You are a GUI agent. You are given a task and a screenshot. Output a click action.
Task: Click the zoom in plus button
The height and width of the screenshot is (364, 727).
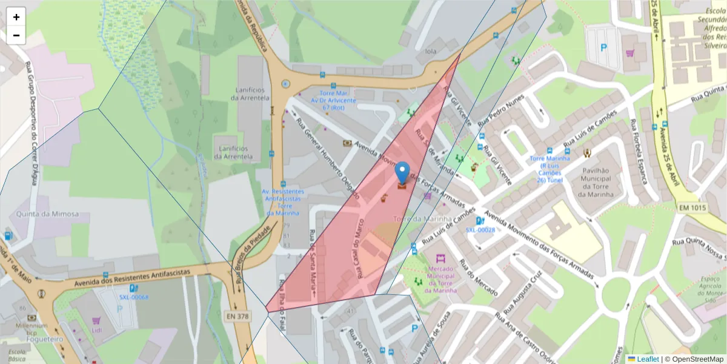[x=16, y=17]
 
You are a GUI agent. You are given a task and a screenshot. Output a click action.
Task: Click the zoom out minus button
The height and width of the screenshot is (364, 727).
[x=16, y=35]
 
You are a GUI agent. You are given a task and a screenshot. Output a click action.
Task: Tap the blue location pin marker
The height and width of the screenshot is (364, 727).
[x=403, y=174]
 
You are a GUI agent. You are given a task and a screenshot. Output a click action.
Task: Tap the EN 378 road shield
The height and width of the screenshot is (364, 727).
[x=239, y=316]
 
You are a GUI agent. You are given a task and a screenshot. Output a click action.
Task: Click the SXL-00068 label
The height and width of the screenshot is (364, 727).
[x=133, y=297]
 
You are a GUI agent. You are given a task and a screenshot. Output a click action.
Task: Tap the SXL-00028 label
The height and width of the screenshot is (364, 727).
[x=480, y=230]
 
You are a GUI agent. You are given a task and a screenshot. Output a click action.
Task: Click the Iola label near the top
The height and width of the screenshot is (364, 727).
[x=431, y=52]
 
